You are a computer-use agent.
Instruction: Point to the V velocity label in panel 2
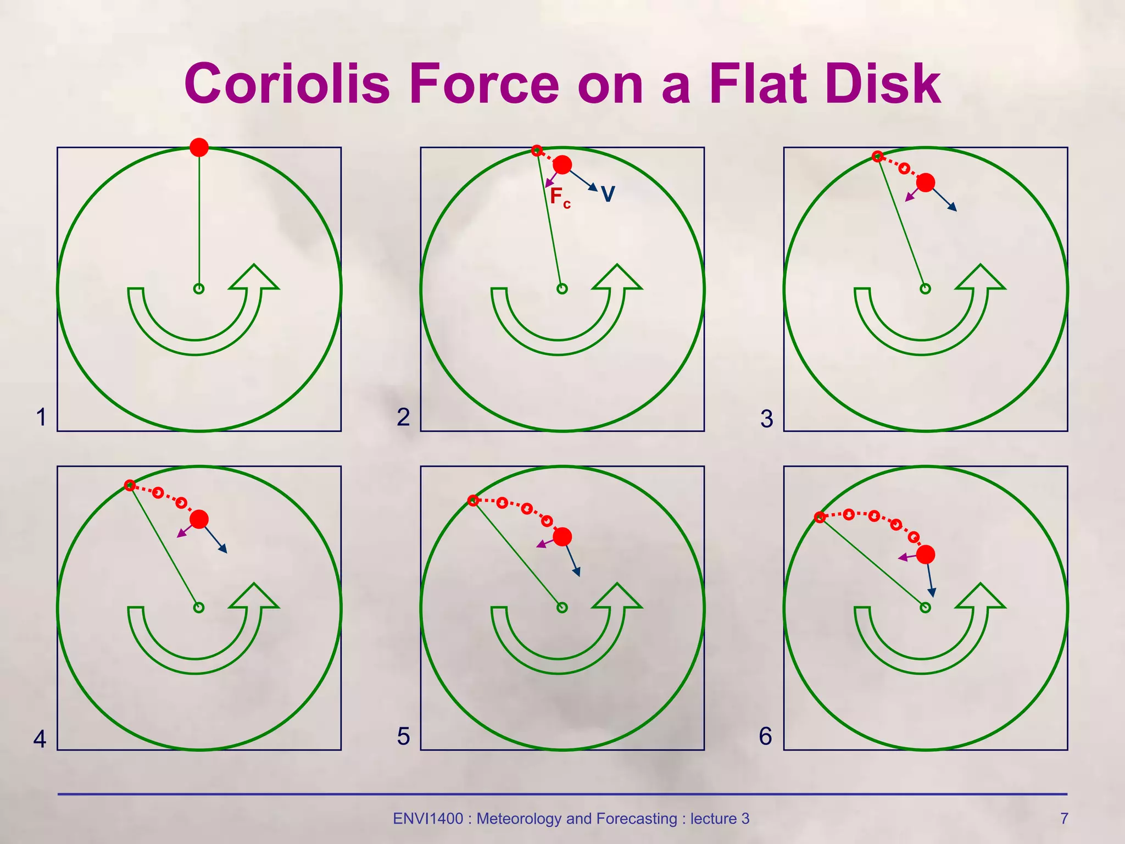pyautogui.click(x=608, y=194)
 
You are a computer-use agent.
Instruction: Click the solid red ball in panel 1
pyautogui.click(x=199, y=147)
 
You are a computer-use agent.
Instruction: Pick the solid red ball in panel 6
pyautogui.click(x=926, y=554)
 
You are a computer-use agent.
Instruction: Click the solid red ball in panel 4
pyautogui.click(x=199, y=519)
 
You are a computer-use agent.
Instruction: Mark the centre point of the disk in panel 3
pyautogui.click(x=925, y=288)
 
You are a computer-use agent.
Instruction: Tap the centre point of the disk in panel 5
pyautogui.click(x=562, y=607)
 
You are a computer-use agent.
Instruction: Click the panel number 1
pyautogui.click(x=41, y=417)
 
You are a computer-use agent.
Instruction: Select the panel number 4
pyautogui.click(x=40, y=739)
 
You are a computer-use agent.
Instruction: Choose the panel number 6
pyautogui.click(x=766, y=736)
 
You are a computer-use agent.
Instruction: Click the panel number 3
pyautogui.click(x=767, y=419)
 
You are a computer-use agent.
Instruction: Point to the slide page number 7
pyautogui.click(x=1064, y=819)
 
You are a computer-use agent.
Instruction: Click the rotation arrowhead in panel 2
pyautogui.click(x=617, y=277)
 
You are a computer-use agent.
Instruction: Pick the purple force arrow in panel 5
pyautogui.click(x=545, y=544)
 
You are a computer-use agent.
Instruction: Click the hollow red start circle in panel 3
pyautogui.click(x=878, y=157)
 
